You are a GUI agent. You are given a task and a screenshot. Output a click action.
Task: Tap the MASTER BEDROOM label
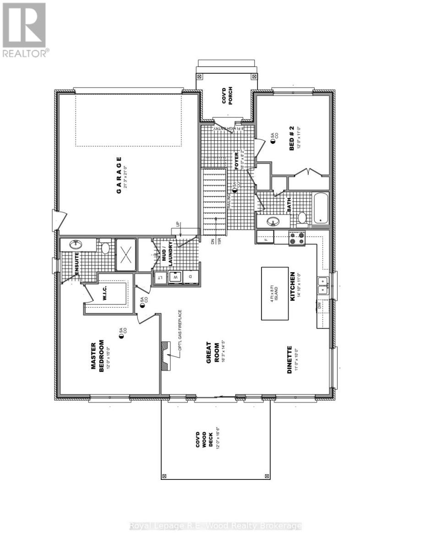tap(98, 356)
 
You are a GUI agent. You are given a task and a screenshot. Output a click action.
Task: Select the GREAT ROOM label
tap(212, 352)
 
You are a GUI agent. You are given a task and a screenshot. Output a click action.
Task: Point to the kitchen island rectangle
tap(277, 293)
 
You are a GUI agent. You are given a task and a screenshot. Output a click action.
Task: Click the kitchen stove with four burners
tap(296, 238)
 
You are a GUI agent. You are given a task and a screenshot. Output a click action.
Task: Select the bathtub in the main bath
tap(320, 209)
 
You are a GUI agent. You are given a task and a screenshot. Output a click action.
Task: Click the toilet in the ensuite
tap(105, 248)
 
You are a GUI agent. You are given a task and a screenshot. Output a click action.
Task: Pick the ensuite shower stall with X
tap(125, 255)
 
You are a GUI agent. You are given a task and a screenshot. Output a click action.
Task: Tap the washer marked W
tap(175, 277)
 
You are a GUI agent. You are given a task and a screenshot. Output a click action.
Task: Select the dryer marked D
tap(191, 277)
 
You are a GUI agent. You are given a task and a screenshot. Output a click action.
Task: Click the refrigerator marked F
tap(265, 237)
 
